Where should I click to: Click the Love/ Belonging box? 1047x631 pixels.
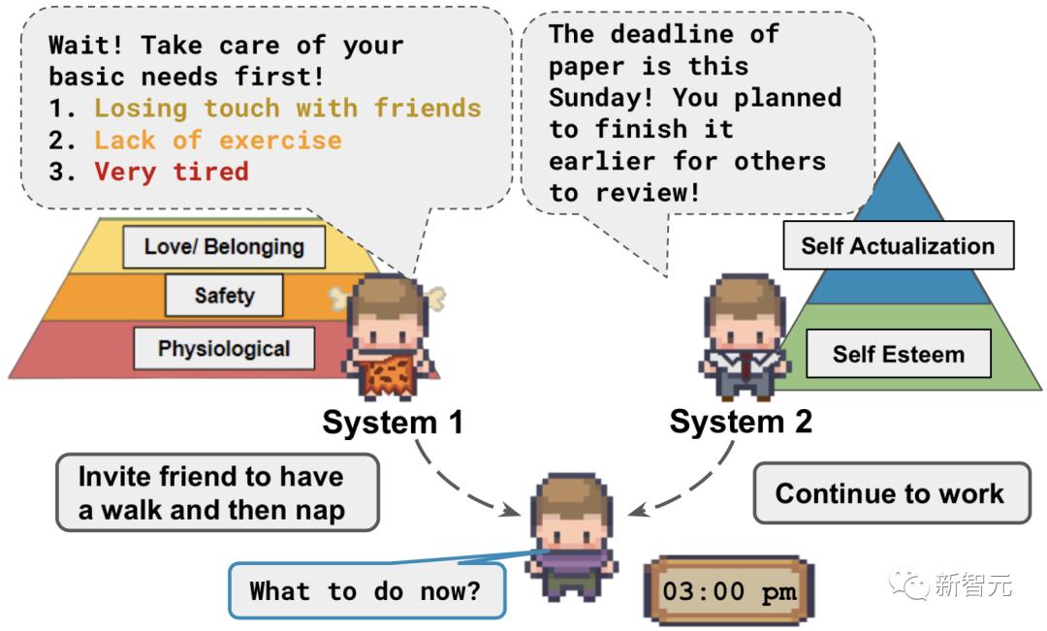(224, 246)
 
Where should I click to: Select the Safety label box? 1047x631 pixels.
(224, 295)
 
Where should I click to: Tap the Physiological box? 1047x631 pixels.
(224, 348)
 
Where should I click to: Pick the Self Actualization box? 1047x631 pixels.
(898, 245)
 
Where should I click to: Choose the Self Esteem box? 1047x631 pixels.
(898, 354)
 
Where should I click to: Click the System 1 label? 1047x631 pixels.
(393, 423)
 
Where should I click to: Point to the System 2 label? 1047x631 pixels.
(742, 422)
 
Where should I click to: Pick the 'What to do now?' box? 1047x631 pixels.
(365, 590)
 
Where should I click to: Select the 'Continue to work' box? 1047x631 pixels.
(890, 493)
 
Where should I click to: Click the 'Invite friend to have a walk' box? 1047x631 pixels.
(215, 493)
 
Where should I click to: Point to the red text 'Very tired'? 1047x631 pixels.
(172, 172)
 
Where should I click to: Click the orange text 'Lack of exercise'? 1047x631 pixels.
(218, 140)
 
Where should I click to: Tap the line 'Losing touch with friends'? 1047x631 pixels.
(288, 108)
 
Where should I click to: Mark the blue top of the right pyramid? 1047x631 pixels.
(900, 194)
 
